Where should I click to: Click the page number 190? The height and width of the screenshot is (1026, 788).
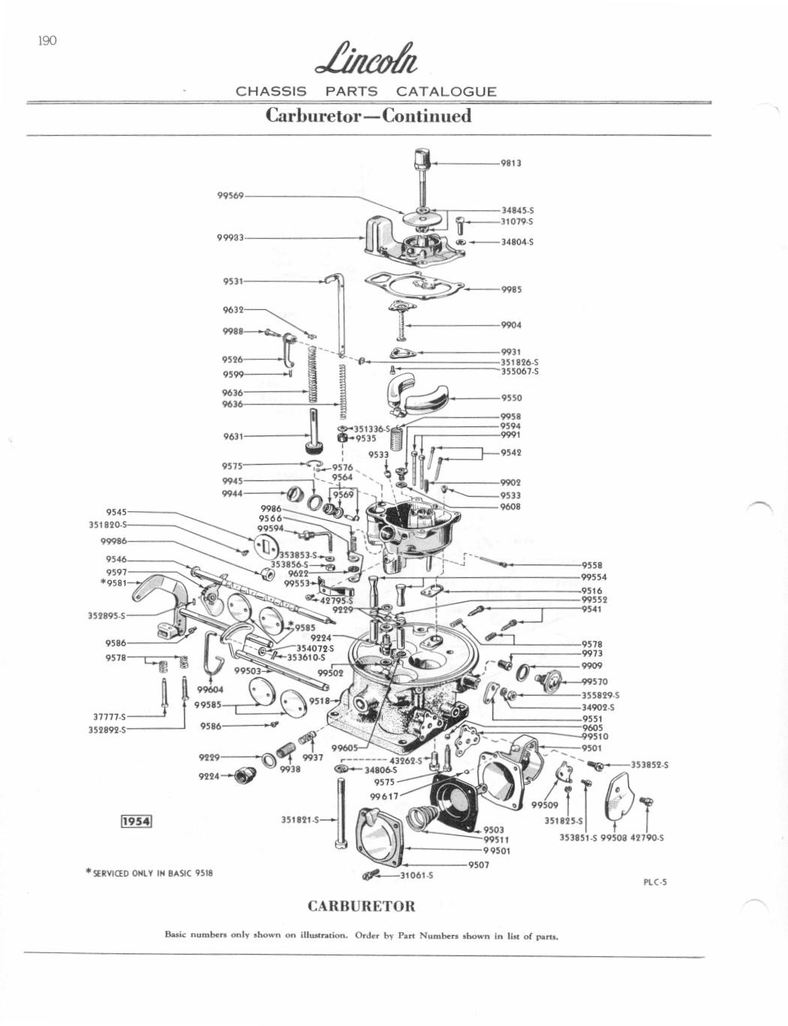[47, 41]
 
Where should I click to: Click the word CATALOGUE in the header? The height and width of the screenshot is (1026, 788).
[446, 92]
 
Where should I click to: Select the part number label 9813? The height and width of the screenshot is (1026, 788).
[511, 163]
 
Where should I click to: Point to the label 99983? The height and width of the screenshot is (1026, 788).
[230, 237]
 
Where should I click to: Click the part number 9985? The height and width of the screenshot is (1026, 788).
[511, 289]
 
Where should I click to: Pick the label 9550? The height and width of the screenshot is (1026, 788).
[511, 399]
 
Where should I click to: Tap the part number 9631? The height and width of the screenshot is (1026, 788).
[233, 436]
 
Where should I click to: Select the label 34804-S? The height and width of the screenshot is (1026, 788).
[517, 242]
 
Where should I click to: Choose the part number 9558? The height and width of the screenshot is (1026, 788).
[592, 565]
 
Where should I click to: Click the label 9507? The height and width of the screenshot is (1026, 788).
[479, 865]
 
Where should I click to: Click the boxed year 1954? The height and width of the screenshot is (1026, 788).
[137, 821]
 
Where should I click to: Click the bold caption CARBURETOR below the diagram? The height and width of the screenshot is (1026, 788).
[362, 905]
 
